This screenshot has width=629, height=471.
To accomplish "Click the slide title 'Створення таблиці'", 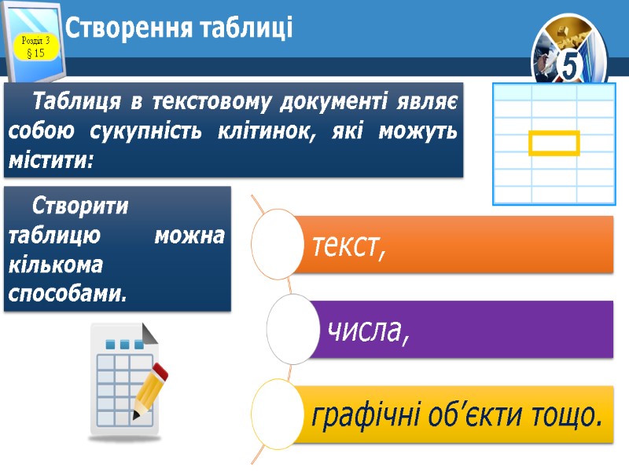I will coord(178,29).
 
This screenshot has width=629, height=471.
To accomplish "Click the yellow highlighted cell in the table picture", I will coord(554,143).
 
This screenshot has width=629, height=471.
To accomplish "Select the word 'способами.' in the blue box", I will coord(67,294).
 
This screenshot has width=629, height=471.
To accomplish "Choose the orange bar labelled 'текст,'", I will coord(456,245).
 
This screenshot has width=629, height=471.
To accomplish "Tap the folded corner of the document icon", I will coord(149,333).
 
